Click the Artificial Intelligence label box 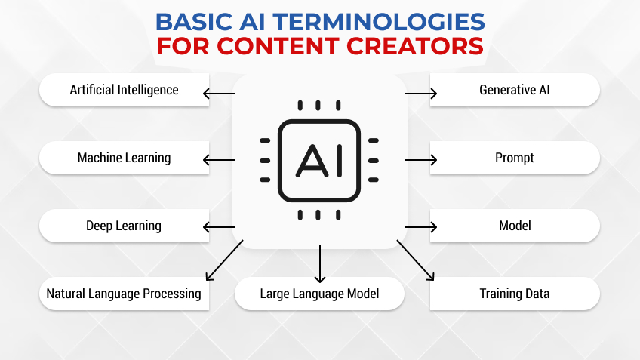tap(124, 90)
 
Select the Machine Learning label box tap(124, 158)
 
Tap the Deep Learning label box tap(124, 226)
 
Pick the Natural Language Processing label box tap(124, 294)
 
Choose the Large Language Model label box tap(319, 294)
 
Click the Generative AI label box tap(515, 90)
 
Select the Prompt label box tap(515, 158)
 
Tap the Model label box tap(515, 226)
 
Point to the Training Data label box tap(515, 294)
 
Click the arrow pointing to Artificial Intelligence tap(219, 94)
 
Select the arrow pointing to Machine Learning tap(219, 160)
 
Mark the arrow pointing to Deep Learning tap(219, 226)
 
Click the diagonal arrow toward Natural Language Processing tap(223, 260)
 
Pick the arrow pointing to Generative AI tap(421, 94)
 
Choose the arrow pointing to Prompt tap(421, 160)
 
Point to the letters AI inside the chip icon tap(319, 159)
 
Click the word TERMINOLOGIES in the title tap(374, 19)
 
